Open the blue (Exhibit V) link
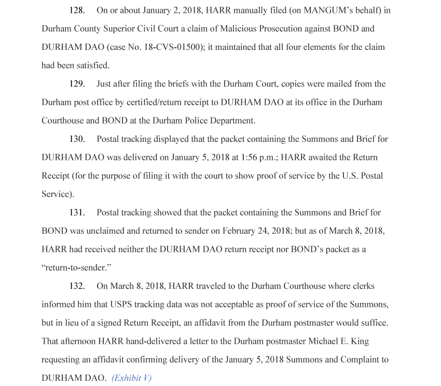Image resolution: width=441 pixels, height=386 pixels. (x=132, y=378)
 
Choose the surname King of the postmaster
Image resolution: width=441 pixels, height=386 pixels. (x=359, y=341)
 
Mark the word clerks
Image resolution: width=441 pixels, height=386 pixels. (x=362, y=286)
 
